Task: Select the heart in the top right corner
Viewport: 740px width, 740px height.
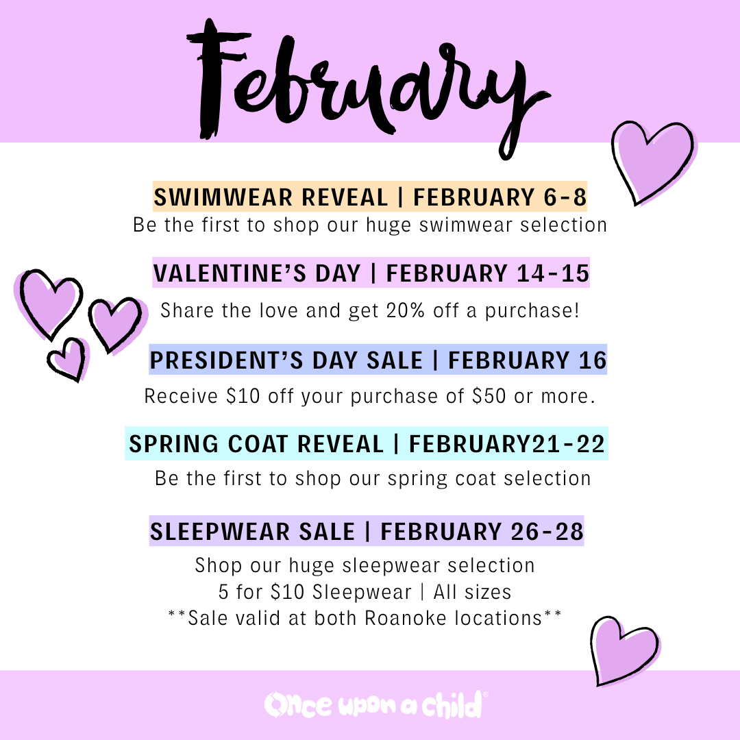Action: pyautogui.click(x=652, y=162)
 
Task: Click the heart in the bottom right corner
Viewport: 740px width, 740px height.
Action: pyautogui.click(x=623, y=650)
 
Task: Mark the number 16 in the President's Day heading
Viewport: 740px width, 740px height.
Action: pyautogui.click(x=592, y=360)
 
